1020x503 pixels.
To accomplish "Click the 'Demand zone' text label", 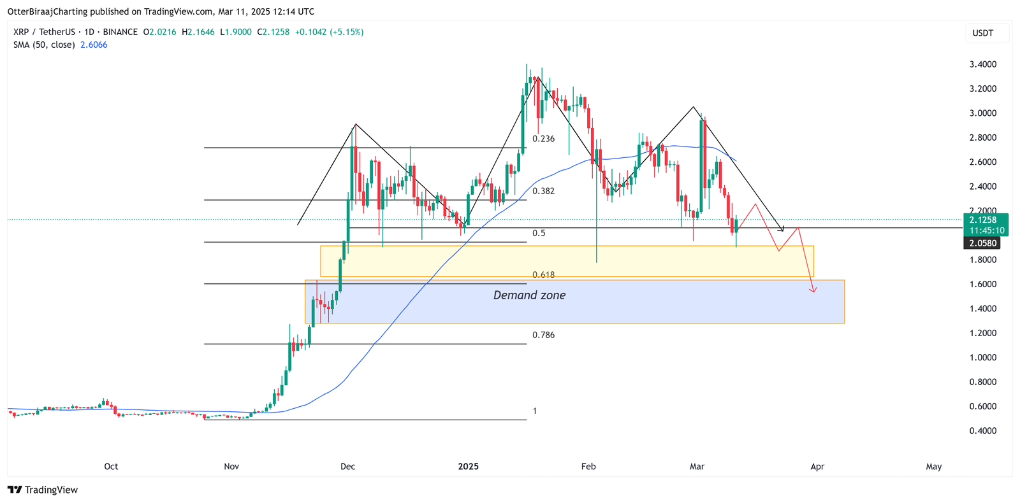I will point(529,295).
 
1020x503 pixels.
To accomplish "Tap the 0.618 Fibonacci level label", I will point(544,275).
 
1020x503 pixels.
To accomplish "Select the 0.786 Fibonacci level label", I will point(544,335).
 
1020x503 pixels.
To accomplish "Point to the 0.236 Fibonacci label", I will point(544,139).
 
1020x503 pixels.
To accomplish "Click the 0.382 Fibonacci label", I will point(544,191).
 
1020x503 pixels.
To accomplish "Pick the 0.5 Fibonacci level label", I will point(539,233).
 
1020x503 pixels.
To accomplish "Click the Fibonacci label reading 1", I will point(535,411).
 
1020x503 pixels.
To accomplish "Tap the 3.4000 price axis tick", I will point(983,64).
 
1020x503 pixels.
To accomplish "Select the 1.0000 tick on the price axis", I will point(983,358).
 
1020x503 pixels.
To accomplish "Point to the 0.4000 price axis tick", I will point(983,431).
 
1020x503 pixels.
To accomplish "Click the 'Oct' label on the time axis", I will point(111,467).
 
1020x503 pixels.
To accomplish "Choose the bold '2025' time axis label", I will point(469,467).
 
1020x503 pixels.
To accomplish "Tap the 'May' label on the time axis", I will point(934,467).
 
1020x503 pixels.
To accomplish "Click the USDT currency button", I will point(983,33).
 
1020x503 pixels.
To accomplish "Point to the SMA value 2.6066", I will point(94,45).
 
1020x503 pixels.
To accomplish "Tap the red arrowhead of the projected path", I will point(813,290).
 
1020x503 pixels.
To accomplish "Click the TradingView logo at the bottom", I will point(43,490).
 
